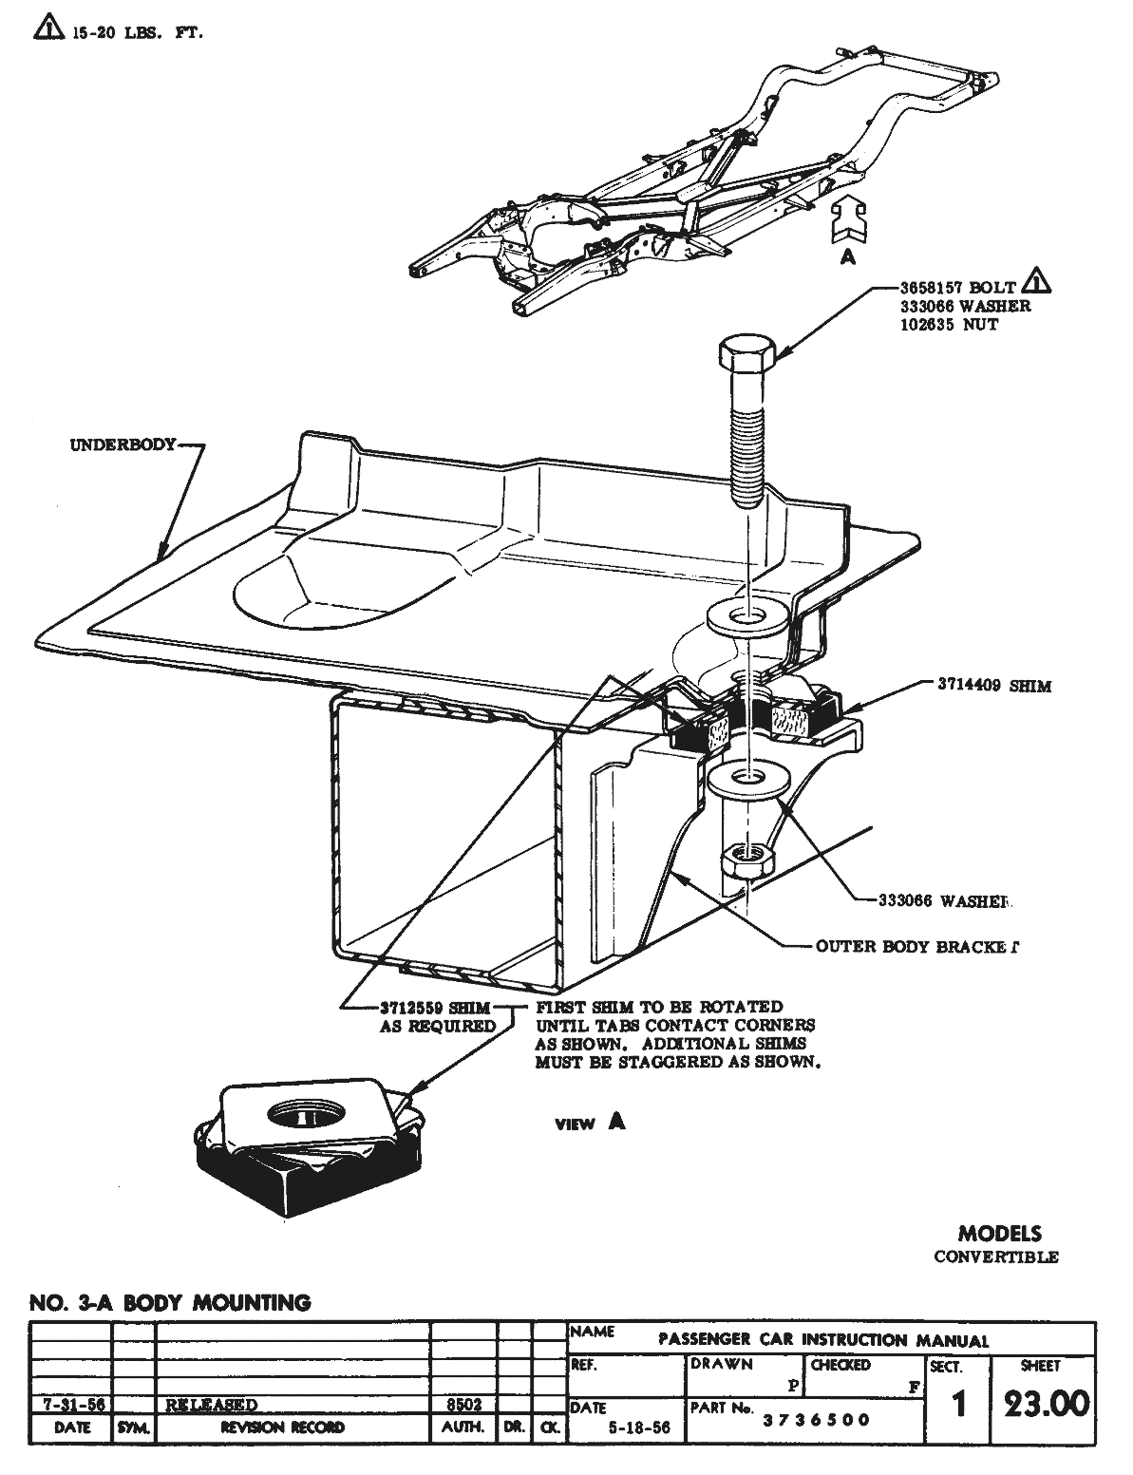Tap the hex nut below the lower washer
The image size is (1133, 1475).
[x=749, y=860]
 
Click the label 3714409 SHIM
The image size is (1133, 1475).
[x=994, y=686]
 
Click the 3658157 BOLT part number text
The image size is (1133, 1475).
[x=958, y=288]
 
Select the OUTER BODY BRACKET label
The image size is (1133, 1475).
[x=916, y=946]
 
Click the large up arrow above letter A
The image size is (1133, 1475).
[x=847, y=223]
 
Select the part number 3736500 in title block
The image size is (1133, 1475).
[x=817, y=1420]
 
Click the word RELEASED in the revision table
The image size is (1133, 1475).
[x=212, y=1404]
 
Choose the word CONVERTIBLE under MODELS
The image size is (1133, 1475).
[x=995, y=1257]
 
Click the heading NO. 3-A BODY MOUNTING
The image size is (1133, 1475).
[x=171, y=1302]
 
